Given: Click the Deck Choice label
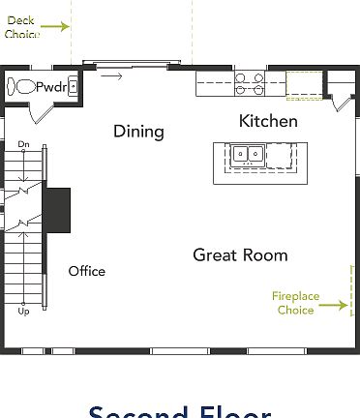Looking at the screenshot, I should click(21, 27).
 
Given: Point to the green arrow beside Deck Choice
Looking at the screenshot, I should click(55, 26).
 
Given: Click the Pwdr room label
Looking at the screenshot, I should click(50, 87).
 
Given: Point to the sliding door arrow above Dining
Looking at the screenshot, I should click(112, 75).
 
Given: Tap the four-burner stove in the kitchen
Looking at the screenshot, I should click(248, 84).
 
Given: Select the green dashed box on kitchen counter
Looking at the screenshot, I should click(303, 85).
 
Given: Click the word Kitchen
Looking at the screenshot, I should click(268, 121).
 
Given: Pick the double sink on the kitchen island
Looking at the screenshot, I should click(246, 153).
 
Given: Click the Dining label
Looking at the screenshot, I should click(138, 131).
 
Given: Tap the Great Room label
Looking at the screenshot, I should click(240, 254).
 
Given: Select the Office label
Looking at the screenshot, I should click(86, 271).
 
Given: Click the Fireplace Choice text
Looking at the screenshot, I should click(295, 302).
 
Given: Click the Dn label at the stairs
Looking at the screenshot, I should click(23, 144).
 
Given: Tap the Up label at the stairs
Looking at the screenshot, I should click(23, 312).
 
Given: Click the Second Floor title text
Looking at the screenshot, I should click(180, 411).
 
